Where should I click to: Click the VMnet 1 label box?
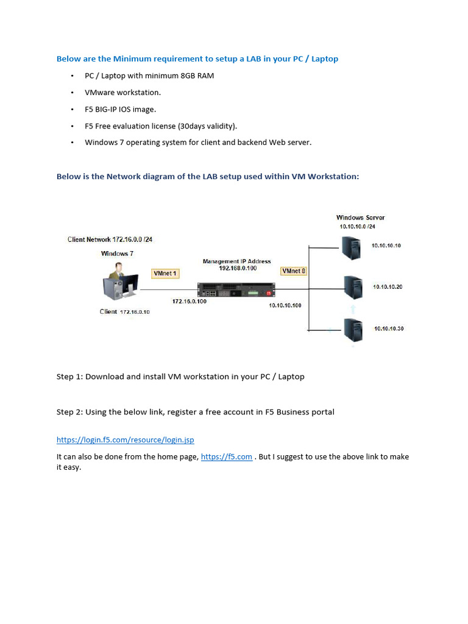[165, 274]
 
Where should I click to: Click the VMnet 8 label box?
[293, 271]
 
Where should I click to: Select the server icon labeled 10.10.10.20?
[353, 286]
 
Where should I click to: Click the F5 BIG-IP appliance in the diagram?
[236, 291]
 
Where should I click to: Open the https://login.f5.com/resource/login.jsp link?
[126, 439]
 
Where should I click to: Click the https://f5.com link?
[226, 456]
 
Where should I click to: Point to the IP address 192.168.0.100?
[237, 268]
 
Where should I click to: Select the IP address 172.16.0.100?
[190, 302]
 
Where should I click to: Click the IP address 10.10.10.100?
[285, 305]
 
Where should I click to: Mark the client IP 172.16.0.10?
[135, 312]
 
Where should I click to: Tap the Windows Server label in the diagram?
[360, 218]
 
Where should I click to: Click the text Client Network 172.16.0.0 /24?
[110, 239]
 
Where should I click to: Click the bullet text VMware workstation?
[122, 93]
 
